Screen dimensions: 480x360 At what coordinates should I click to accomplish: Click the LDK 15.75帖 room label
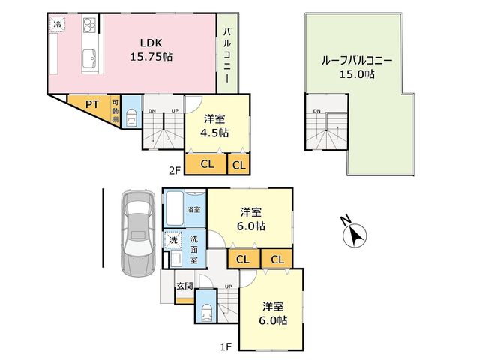point(151,50)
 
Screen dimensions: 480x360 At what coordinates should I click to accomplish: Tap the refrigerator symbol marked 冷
point(58,23)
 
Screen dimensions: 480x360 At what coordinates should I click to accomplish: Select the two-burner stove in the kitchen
point(89,25)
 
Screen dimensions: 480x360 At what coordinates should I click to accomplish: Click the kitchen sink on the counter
point(89,58)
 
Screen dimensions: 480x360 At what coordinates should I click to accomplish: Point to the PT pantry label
point(91,104)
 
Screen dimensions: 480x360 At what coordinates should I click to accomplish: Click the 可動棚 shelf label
point(115,110)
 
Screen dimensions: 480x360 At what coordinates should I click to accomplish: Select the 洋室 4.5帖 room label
point(214,126)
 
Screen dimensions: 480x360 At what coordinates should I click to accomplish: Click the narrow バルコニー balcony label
point(227,55)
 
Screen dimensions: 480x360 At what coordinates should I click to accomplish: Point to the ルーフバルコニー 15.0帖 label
point(357,67)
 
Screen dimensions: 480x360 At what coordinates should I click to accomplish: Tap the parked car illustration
point(138,233)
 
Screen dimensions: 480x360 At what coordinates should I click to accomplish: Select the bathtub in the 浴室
point(174,209)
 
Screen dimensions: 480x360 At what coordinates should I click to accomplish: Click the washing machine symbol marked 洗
point(173,240)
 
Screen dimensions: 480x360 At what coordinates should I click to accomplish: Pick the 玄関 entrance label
point(185,286)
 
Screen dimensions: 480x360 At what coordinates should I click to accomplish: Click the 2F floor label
point(175,170)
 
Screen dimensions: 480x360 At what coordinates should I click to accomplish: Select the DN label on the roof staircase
point(316,111)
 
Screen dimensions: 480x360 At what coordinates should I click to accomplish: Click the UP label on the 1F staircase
point(228,286)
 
